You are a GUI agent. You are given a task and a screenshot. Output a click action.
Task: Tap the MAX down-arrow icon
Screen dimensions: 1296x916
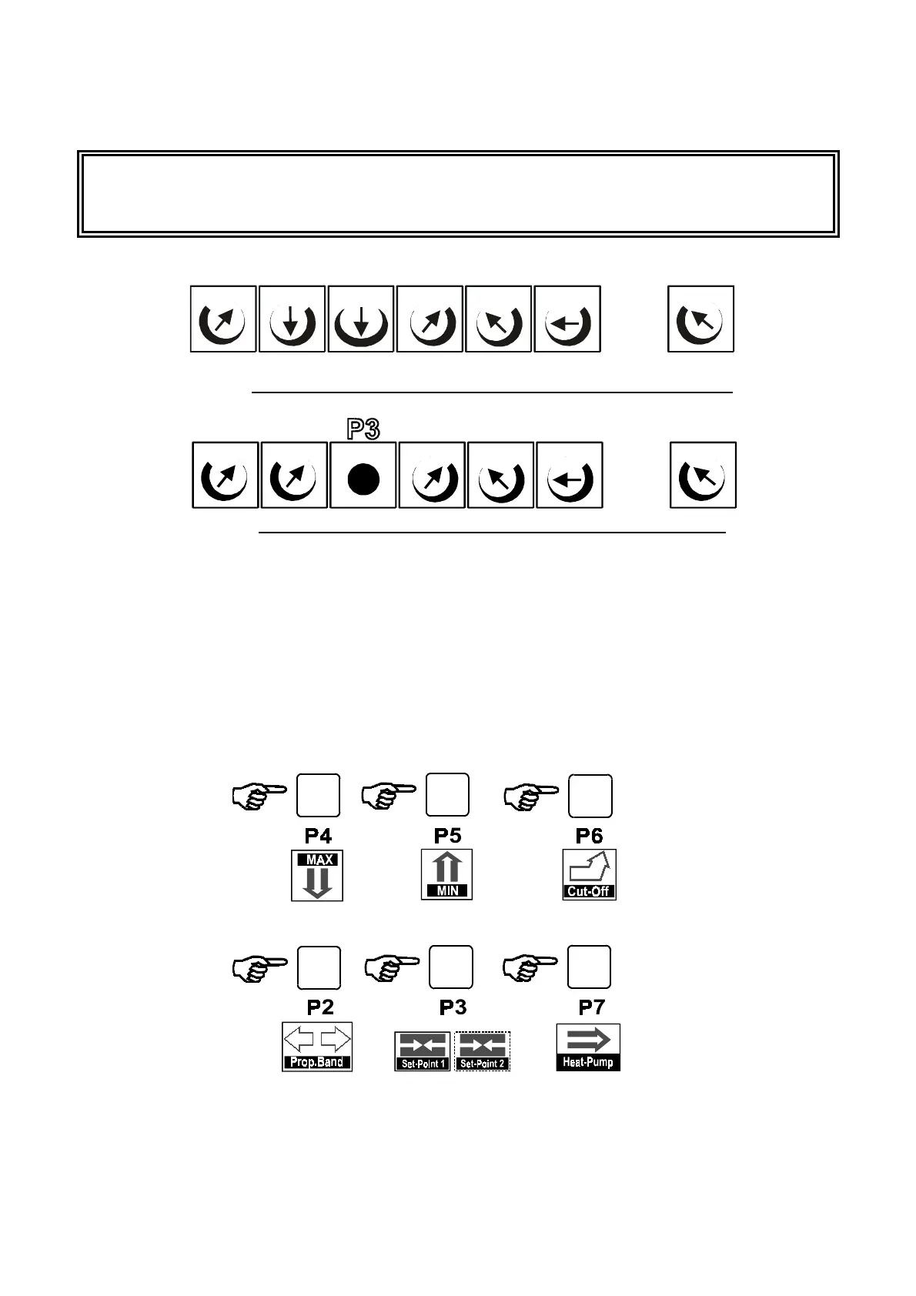[317, 875]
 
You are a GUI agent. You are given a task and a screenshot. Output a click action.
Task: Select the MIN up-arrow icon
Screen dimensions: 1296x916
[447, 874]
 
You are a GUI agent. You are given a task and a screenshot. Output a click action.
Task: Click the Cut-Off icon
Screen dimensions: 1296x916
[589, 875]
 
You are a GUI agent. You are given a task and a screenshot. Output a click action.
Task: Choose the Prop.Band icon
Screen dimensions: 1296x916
[317, 1047]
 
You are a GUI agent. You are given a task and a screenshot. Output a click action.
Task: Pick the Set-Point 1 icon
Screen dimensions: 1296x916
[423, 1051]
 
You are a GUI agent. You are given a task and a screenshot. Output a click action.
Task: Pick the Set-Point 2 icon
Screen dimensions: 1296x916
[482, 1051]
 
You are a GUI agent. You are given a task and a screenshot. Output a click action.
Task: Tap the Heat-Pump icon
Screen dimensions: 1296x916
[588, 1047]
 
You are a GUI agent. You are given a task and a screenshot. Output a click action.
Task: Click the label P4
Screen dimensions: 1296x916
[319, 836]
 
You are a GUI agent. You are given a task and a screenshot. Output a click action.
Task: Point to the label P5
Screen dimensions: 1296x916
[447, 836]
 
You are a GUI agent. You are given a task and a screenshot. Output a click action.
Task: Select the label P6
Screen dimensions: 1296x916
[590, 836]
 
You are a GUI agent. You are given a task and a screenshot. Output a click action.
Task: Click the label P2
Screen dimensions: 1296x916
[320, 1007]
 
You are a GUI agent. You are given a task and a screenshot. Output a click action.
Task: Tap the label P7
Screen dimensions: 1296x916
[591, 1007]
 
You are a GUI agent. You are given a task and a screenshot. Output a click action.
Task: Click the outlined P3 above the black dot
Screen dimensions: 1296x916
[363, 429]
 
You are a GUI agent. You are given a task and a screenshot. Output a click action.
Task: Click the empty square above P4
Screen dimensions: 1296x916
[318, 796]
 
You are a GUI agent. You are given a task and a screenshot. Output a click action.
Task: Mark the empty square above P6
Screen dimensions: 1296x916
[590, 796]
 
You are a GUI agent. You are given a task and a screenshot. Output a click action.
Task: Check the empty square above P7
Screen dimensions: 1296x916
[590, 967]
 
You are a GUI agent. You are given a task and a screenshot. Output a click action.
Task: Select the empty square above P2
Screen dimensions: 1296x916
[319, 968]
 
